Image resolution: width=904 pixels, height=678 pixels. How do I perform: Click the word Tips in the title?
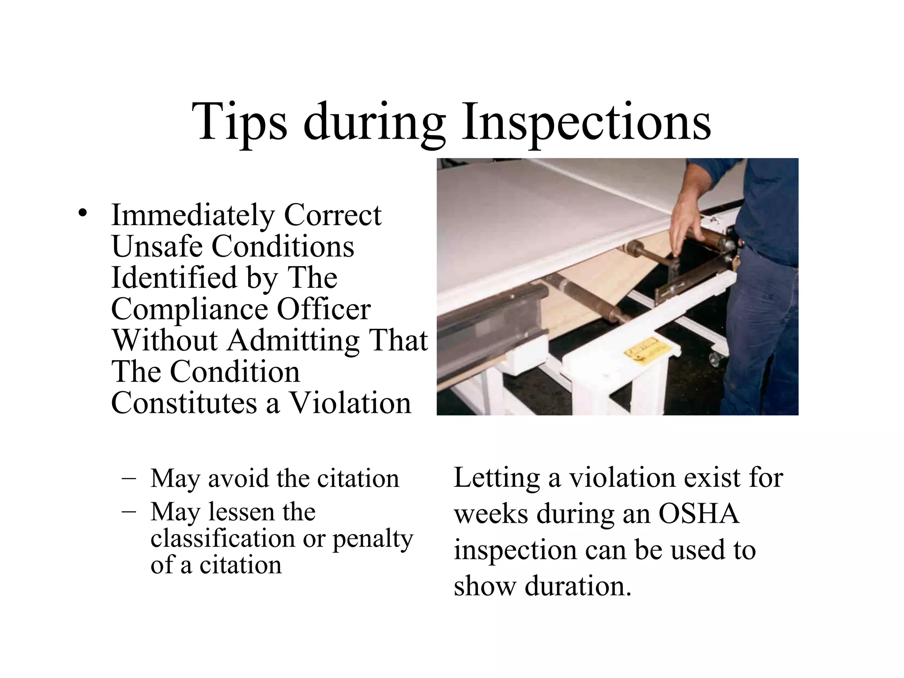(239, 122)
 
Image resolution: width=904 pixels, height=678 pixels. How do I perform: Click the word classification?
(222, 539)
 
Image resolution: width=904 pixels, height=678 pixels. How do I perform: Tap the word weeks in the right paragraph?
(491, 514)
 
